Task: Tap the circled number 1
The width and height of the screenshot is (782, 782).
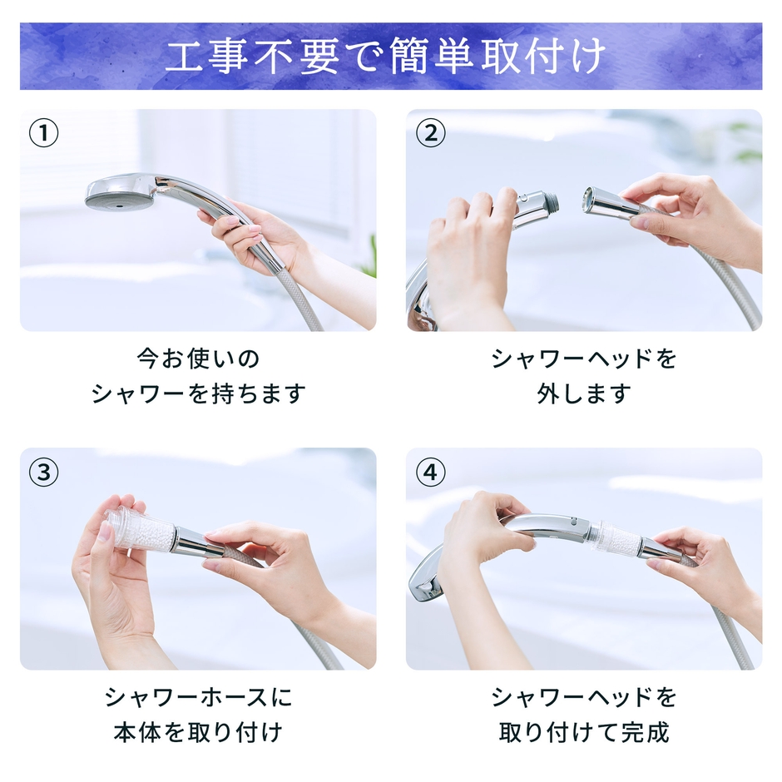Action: [44, 134]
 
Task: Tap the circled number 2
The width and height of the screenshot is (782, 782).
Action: [430, 134]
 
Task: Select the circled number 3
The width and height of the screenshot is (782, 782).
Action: [44, 473]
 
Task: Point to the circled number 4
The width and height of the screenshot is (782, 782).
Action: [430, 473]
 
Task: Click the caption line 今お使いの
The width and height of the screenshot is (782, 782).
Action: [198, 359]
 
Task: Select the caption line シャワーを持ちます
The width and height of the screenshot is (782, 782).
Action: [198, 393]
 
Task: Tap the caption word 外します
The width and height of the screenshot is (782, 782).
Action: [584, 393]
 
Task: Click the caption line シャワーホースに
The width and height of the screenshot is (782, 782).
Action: [198, 697]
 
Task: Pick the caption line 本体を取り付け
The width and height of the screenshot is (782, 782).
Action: [198, 732]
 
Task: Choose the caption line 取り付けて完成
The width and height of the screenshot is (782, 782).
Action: [584, 732]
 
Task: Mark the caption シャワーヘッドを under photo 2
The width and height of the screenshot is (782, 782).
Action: [584, 359]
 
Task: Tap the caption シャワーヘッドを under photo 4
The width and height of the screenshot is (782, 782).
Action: [584, 697]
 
